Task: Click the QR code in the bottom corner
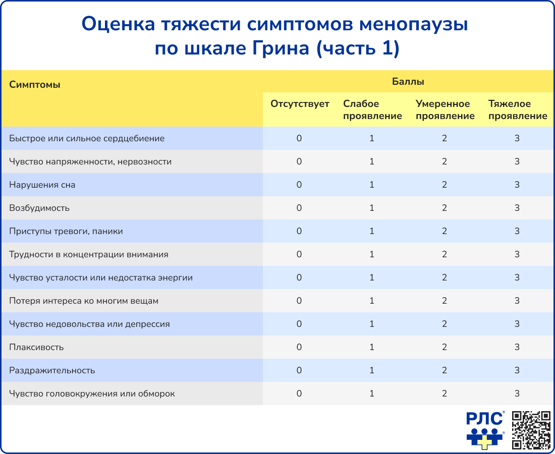(x=531, y=430)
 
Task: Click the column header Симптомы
(x=35, y=85)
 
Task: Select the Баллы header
(x=408, y=81)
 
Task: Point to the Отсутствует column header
(x=300, y=104)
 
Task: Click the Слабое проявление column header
(x=372, y=110)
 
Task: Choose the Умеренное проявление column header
(x=445, y=110)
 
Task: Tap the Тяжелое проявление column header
(x=518, y=110)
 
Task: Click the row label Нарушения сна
(x=42, y=185)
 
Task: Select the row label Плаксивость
(x=36, y=347)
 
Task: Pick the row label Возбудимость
(x=39, y=208)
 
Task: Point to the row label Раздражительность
(x=52, y=370)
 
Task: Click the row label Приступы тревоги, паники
(x=66, y=231)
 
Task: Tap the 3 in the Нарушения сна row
(x=517, y=185)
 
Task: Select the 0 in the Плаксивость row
(x=299, y=347)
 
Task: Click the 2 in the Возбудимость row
(x=445, y=208)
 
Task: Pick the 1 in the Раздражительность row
(x=372, y=370)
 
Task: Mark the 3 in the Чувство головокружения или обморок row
(x=517, y=393)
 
